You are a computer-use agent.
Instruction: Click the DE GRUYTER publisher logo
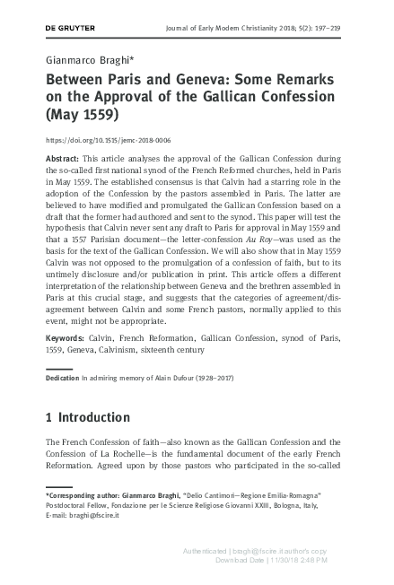70,28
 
